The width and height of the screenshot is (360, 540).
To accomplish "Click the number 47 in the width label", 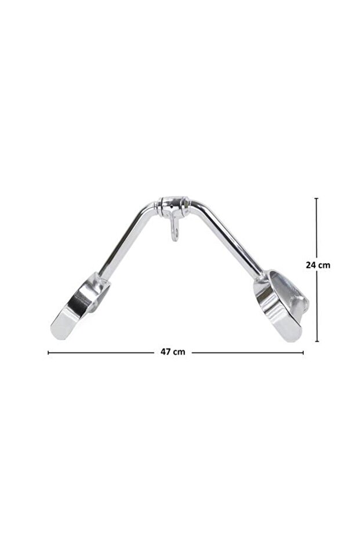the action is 166,351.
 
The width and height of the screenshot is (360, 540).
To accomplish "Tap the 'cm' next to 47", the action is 179,352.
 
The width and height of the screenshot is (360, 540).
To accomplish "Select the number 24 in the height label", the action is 311,265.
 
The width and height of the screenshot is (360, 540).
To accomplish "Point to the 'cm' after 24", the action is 324,265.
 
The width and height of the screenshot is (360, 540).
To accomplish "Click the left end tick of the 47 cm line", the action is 48,353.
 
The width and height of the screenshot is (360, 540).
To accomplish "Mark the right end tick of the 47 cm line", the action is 303,353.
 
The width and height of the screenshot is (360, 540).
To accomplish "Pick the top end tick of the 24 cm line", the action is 317,198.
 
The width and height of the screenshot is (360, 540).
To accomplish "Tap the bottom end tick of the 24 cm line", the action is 317,341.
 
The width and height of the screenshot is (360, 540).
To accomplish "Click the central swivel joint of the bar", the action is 174,206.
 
